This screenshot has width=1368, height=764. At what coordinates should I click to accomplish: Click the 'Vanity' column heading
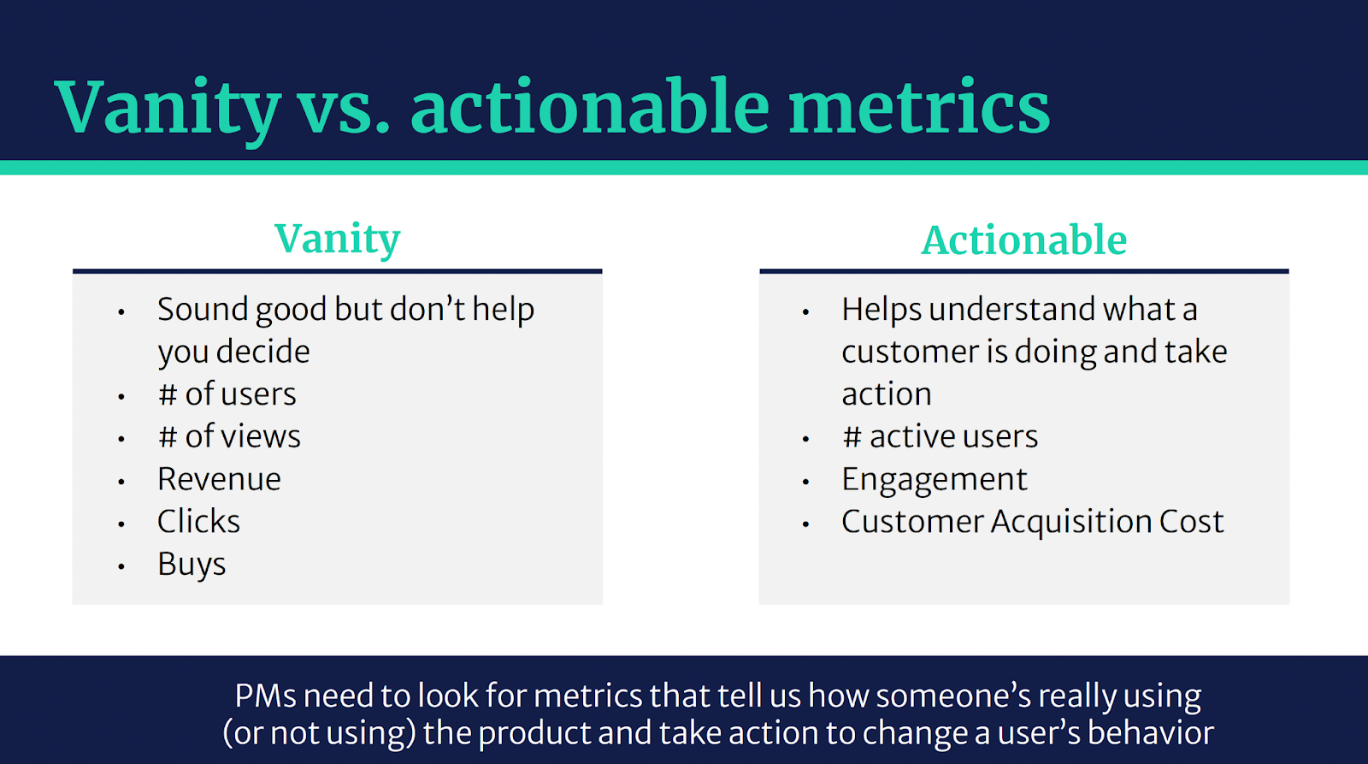coord(338,240)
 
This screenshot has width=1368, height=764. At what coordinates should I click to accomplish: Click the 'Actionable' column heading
coord(1024,240)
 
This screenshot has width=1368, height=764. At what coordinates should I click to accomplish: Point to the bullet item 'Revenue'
coord(219,478)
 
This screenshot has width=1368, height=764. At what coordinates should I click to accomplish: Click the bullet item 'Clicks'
coord(198,521)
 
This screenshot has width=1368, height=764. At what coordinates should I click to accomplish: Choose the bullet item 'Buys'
coord(192,564)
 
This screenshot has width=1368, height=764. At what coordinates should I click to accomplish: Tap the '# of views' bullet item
coord(230,435)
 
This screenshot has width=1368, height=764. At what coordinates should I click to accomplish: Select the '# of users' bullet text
coord(227,394)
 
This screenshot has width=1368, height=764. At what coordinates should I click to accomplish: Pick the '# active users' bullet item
coord(940,436)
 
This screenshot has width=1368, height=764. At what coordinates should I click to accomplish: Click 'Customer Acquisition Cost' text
coord(1033,521)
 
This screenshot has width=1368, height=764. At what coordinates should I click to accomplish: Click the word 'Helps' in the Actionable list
coord(882,310)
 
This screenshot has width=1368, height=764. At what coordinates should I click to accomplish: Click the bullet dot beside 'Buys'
coord(121,567)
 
